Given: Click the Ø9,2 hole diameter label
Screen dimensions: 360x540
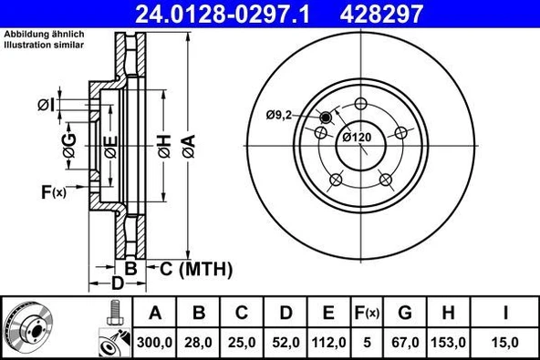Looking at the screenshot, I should pos(280,114).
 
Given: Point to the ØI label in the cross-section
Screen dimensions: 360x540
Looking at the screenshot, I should pos(47,107).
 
